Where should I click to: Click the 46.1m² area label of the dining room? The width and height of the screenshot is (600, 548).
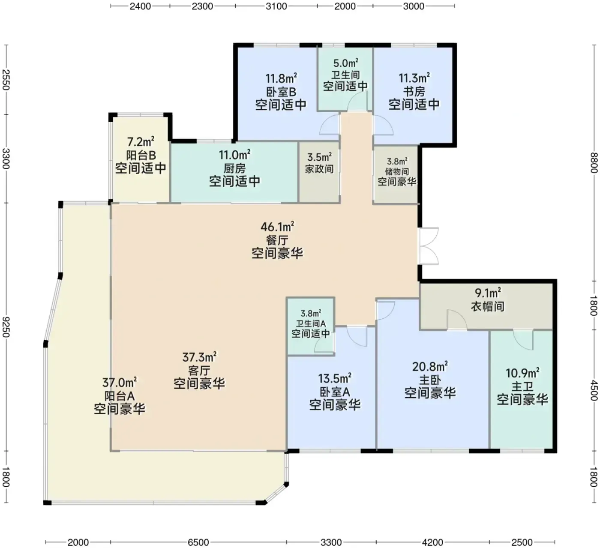[x=277, y=227]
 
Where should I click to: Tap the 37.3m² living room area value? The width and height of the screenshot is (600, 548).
[x=200, y=357]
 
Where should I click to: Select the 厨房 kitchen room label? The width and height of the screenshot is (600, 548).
[x=234, y=169]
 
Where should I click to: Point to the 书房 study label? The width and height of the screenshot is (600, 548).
[x=414, y=92]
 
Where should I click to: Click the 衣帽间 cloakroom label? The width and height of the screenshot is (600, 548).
[x=488, y=306]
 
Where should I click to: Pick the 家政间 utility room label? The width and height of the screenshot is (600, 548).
[x=319, y=169]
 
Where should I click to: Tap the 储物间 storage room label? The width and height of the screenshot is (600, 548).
[x=397, y=172]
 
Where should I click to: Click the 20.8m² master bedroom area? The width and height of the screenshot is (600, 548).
[x=430, y=366]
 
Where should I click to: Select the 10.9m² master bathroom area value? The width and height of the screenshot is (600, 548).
[x=522, y=373]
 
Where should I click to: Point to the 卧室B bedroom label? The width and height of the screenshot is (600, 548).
[x=281, y=92]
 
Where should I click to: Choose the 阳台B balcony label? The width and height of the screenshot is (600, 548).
[x=141, y=155]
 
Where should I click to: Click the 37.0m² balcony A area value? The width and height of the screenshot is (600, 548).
[x=120, y=382]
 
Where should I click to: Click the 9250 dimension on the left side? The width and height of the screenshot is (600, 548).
[x=6, y=327]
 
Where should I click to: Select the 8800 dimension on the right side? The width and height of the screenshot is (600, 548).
[x=594, y=163]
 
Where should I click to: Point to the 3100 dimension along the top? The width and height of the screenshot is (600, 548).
[x=276, y=6]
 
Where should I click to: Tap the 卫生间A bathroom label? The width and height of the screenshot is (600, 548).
[x=311, y=323]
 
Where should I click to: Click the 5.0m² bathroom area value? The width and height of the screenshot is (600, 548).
[x=345, y=63]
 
